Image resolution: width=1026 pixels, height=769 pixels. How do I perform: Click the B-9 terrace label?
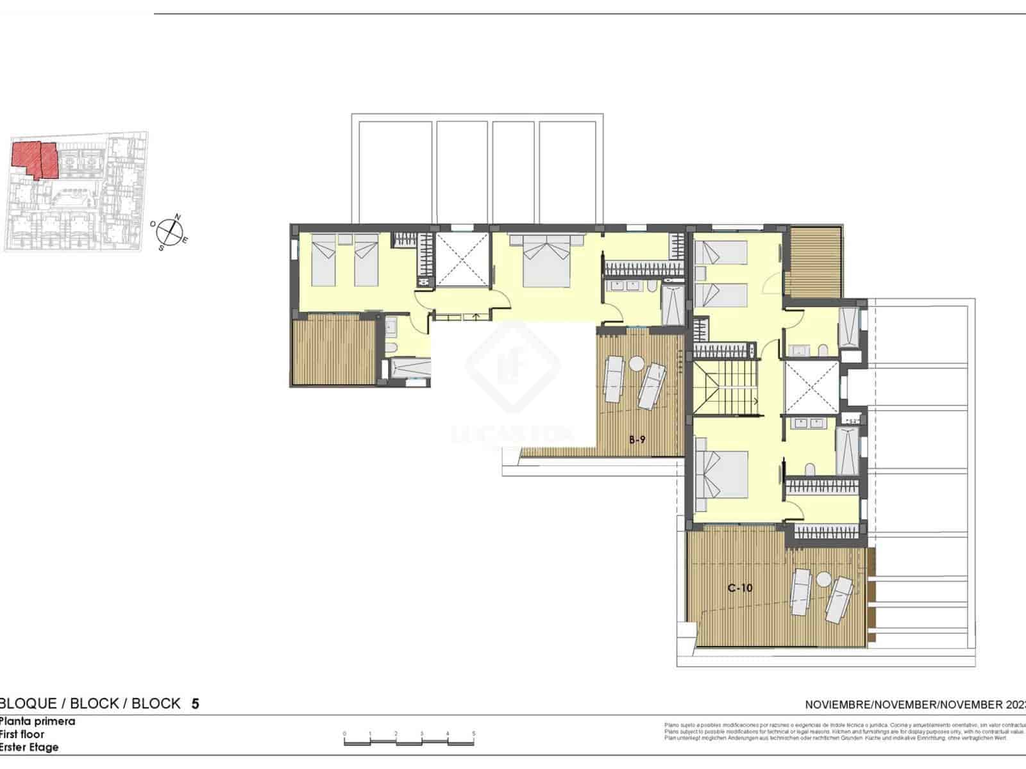(636, 440)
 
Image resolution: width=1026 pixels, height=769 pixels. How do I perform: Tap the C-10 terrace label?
(740, 588)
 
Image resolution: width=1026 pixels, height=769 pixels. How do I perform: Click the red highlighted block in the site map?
(35, 158)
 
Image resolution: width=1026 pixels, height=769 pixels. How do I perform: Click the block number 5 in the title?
(196, 704)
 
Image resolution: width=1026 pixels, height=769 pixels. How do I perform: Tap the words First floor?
(22, 734)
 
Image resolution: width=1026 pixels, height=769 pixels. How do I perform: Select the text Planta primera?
(37, 721)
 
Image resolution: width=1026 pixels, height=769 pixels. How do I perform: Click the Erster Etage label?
(29, 747)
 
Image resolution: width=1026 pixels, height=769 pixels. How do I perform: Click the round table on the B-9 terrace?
(636, 364)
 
